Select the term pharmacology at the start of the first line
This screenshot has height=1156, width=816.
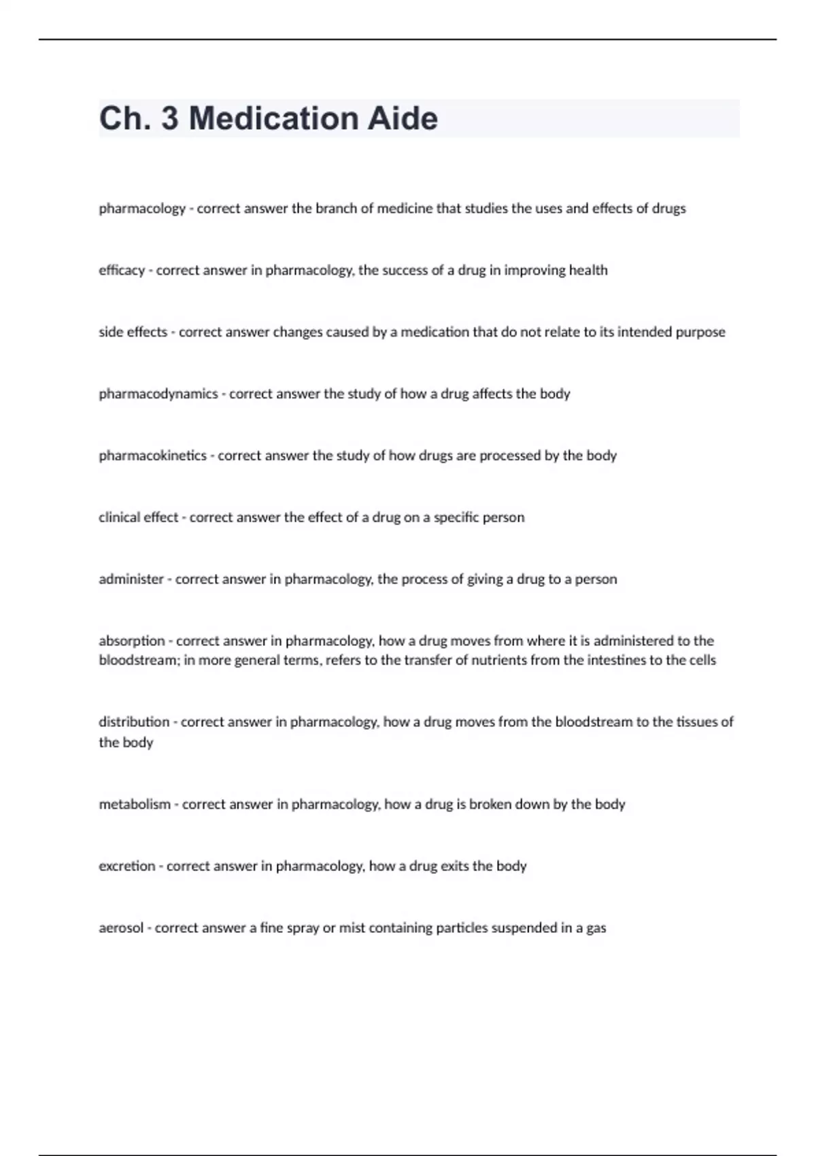[142, 209]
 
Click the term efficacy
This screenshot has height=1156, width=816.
[122, 271]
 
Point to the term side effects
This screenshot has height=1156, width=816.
[133, 333]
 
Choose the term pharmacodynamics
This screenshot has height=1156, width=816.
[158, 394]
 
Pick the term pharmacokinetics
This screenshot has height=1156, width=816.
[152, 456]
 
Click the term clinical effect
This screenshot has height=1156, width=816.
[138, 517]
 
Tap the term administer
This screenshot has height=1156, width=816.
[131, 579]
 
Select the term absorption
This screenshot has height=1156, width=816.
[132, 641]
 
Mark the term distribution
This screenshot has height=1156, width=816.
[134, 722]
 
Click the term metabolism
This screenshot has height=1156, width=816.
[135, 804]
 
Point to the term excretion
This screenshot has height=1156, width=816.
[127, 866]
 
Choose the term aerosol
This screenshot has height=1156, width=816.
[121, 928]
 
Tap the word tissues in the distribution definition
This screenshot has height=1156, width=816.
[698, 722]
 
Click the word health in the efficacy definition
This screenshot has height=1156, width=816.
[588, 271]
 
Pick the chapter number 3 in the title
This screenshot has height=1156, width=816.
[170, 118]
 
